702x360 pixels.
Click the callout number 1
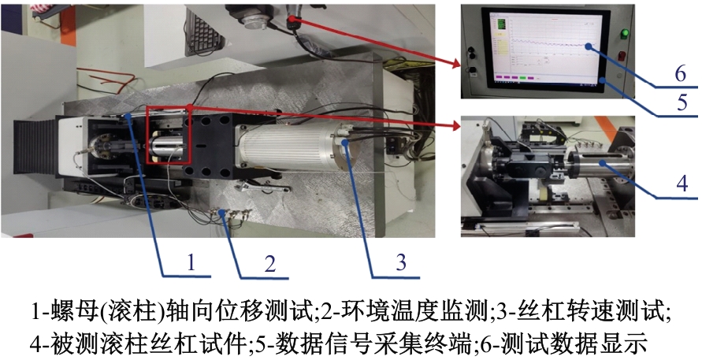click(191, 262)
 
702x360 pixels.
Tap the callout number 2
click(269, 264)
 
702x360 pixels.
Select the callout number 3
click(401, 262)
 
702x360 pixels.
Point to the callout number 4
click(682, 183)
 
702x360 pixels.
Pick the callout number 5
click(682, 102)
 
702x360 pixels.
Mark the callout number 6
click(681, 73)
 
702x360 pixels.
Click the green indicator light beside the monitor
click(624, 33)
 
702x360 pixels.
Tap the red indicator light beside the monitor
click(622, 55)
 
